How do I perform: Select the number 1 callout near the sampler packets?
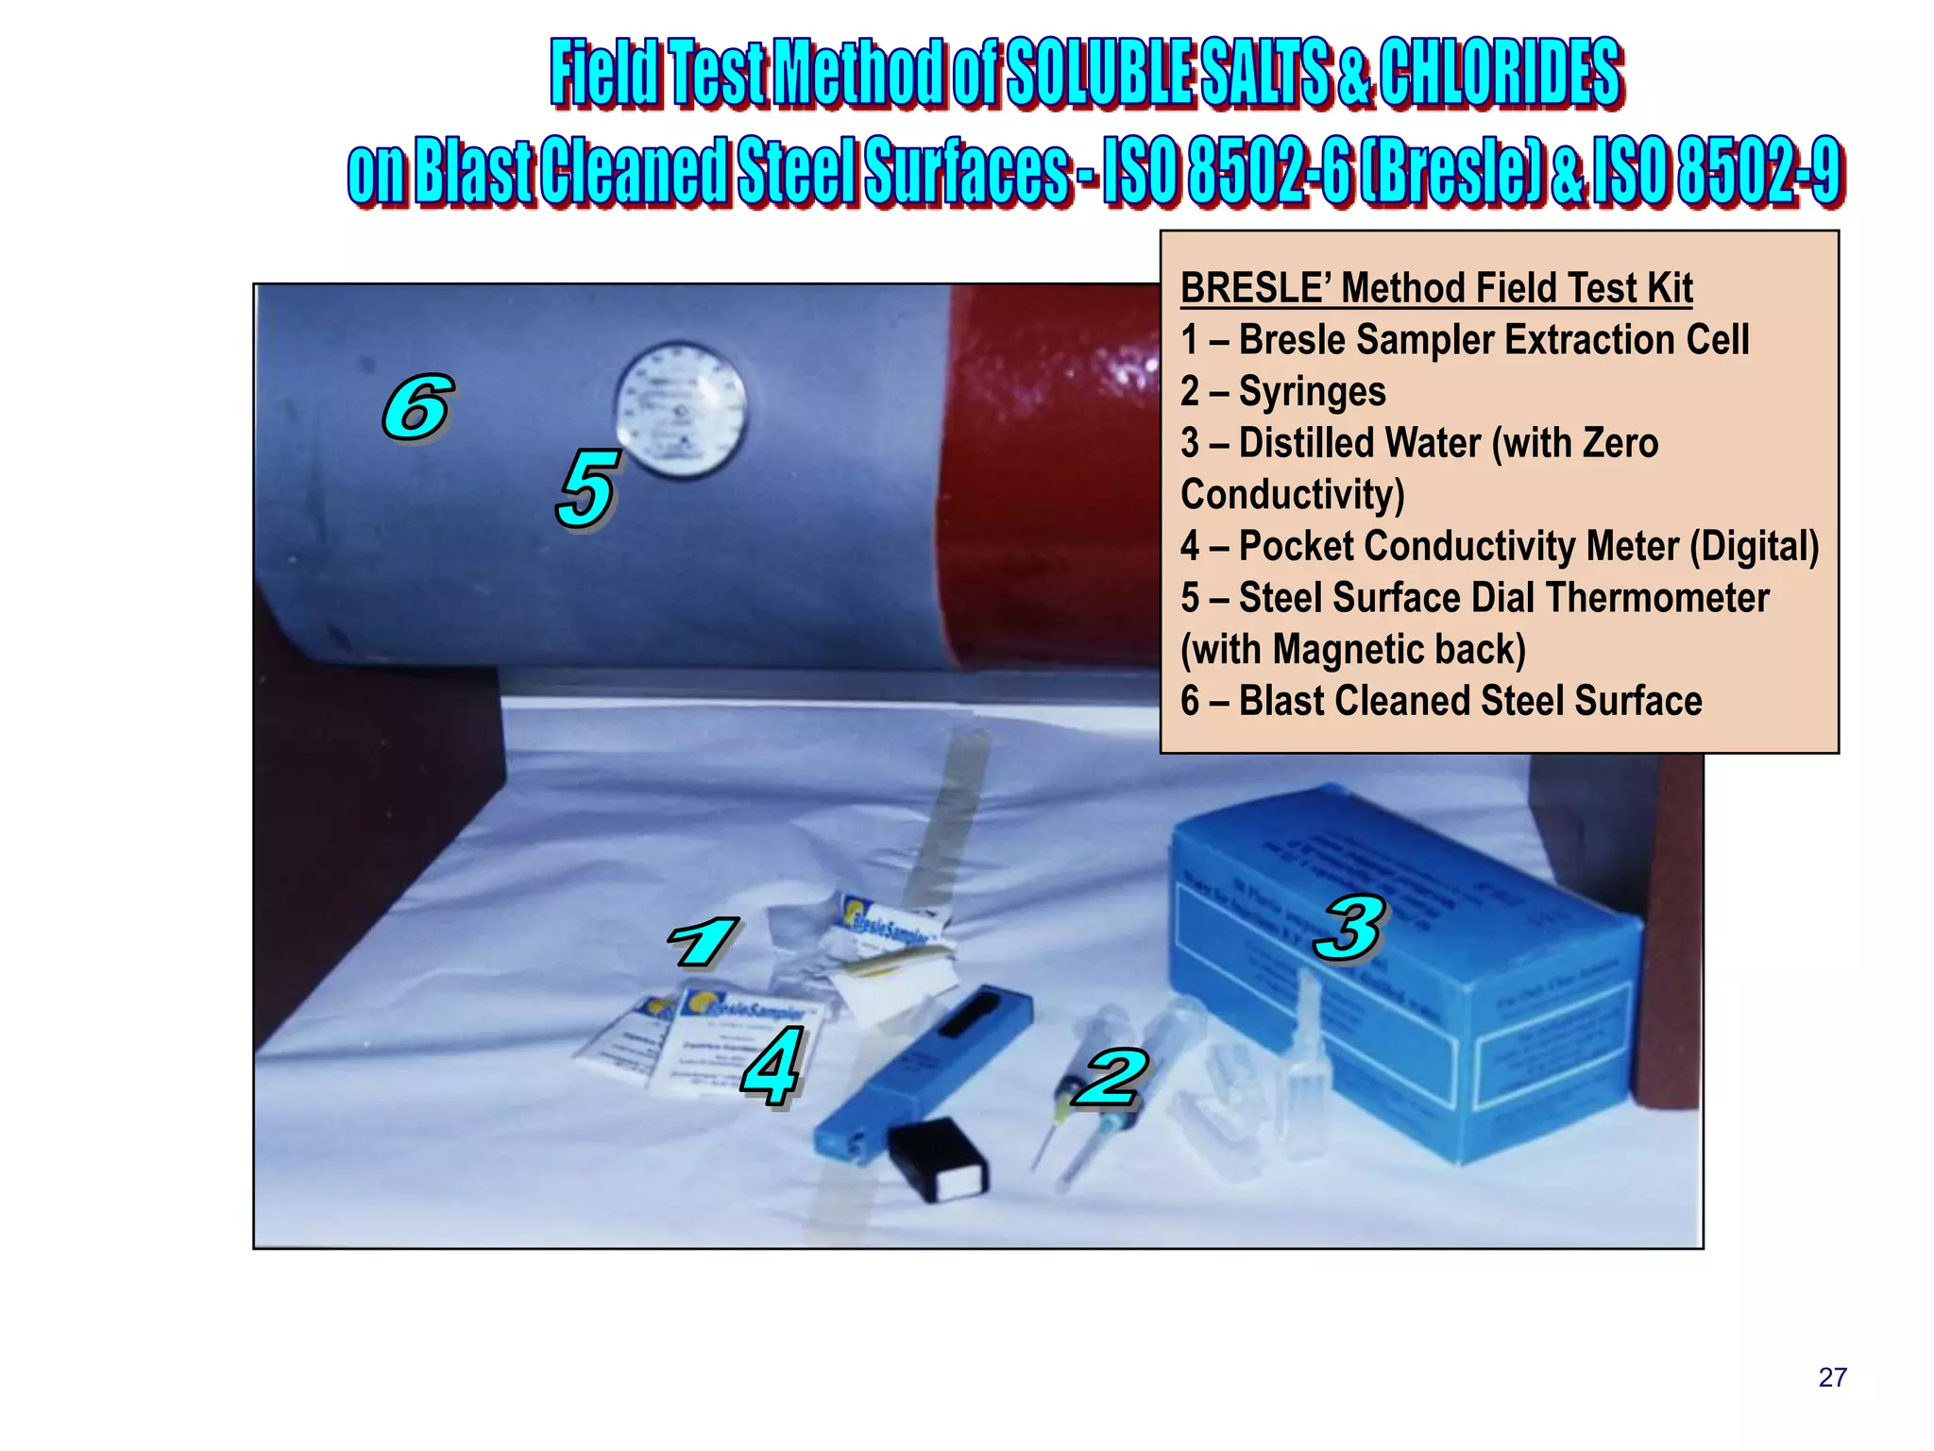(703, 943)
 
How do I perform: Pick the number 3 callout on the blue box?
(1350, 928)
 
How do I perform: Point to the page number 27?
(1832, 1377)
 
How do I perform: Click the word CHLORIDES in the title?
(1501, 74)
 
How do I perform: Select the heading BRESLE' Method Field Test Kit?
(1435, 288)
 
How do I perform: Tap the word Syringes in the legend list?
(1312, 391)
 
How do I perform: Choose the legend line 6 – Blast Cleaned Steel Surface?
(1441, 701)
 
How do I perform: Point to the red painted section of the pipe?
(1048, 472)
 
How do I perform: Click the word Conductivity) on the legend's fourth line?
(1292, 494)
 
